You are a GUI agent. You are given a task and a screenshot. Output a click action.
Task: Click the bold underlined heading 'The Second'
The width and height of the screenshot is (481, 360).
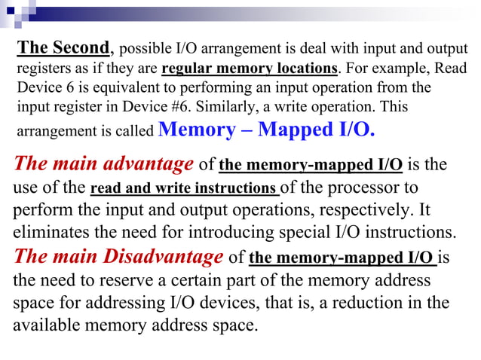63,48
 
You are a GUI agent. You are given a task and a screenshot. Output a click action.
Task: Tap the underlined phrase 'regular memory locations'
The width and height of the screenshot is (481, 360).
250,69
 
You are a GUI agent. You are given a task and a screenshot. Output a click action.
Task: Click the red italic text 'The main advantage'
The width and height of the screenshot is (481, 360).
104,163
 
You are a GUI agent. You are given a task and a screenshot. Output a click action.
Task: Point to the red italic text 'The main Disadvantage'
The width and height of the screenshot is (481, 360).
118,257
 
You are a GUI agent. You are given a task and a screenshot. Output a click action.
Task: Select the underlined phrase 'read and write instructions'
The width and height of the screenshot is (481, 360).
184,188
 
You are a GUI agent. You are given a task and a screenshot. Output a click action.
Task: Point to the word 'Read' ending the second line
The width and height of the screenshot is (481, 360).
451,69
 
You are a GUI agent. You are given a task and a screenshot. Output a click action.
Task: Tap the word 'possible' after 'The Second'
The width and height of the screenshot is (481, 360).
143,50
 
